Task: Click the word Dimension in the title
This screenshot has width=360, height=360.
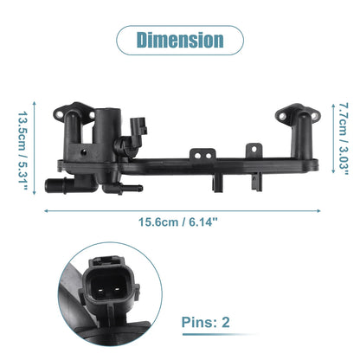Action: (180, 40)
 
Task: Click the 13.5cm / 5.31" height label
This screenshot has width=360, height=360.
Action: (22, 147)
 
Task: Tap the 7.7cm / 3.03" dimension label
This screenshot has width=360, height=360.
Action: (343, 138)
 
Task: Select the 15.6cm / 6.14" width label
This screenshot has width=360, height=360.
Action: (178, 222)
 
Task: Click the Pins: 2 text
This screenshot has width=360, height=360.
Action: (206, 322)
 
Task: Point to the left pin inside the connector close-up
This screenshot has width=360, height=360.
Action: (101, 289)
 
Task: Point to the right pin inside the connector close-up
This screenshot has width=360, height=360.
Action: (116, 289)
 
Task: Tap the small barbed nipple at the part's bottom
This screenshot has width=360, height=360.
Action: (132, 189)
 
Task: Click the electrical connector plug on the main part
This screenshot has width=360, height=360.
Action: (138, 126)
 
